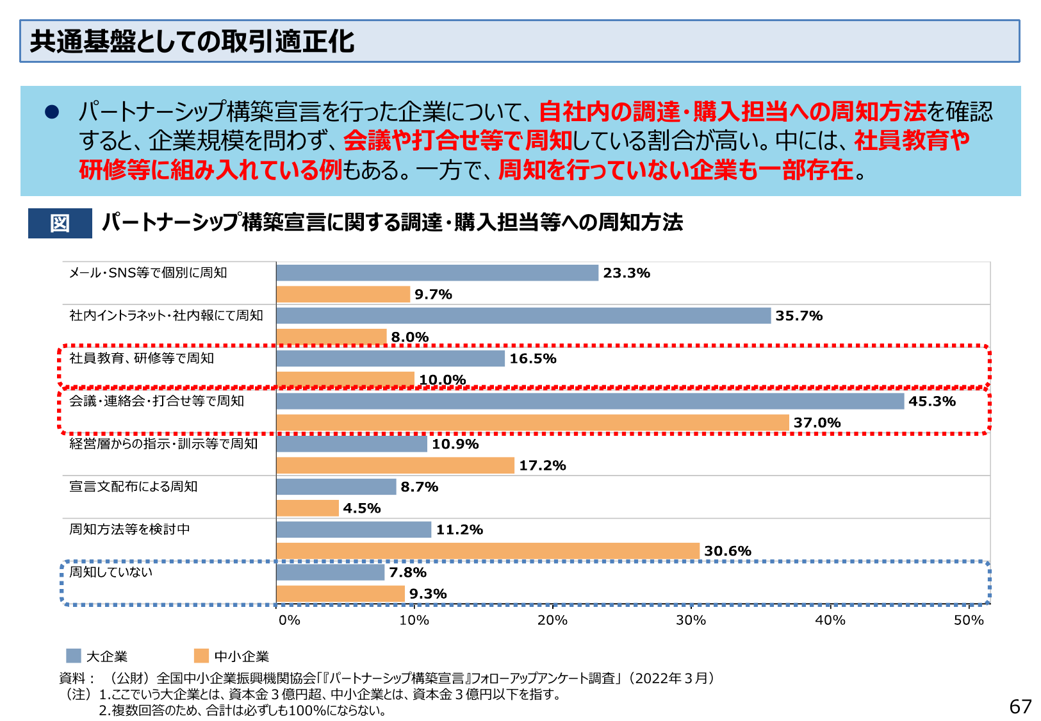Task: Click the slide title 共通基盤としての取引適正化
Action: (x=192, y=42)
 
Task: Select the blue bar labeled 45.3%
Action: (x=589, y=401)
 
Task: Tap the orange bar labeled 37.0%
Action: (x=532, y=423)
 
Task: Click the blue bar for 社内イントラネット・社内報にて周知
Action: (x=523, y=316)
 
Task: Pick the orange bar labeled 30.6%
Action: (x=488, y=551)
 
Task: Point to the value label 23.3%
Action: (x=626, y=273)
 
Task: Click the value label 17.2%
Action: (x=542, y=466)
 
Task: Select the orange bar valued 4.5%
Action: (x=307, y=508)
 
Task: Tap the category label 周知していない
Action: (x=111, y=572)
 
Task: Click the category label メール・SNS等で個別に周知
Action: (x=148, y=273)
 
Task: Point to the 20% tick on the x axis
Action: (x=552, y=620)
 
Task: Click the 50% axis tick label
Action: (x=968, y=620)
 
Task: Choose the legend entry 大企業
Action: (x=106, y=656)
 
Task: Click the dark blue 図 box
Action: (x=60, y=223)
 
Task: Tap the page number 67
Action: (x=1020, y=706)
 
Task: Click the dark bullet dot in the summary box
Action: (x=52, y=112)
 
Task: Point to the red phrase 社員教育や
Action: (x=912, y=140)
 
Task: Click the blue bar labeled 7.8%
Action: (x=330, y=572)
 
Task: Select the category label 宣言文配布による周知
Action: (x=133, y=487)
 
